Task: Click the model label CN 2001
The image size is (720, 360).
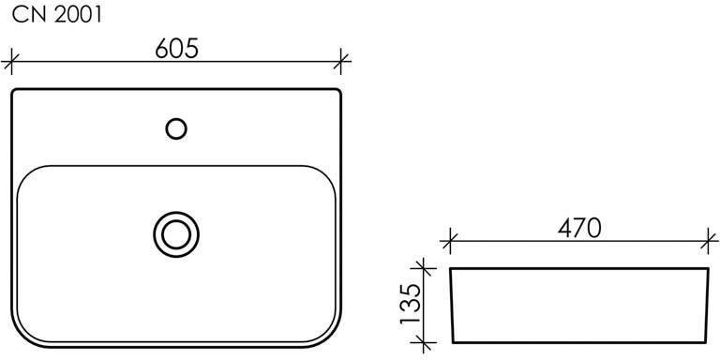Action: (x=57, y=15)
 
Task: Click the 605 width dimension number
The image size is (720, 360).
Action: (x=177, y=48)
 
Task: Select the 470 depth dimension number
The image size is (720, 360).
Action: (x=579, y=228)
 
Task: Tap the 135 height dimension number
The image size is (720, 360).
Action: (x=411, y=304)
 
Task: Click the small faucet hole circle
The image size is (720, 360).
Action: (x=176, y=128)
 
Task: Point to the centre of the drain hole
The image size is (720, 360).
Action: (x=176, y=234)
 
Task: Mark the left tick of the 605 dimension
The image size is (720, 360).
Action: (x=11, y=61)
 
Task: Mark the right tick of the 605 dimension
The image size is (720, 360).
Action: (x=340, y=61)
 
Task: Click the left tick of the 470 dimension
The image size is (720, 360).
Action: (x=450, y=240)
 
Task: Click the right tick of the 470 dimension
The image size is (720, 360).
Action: (x=709, y=240)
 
